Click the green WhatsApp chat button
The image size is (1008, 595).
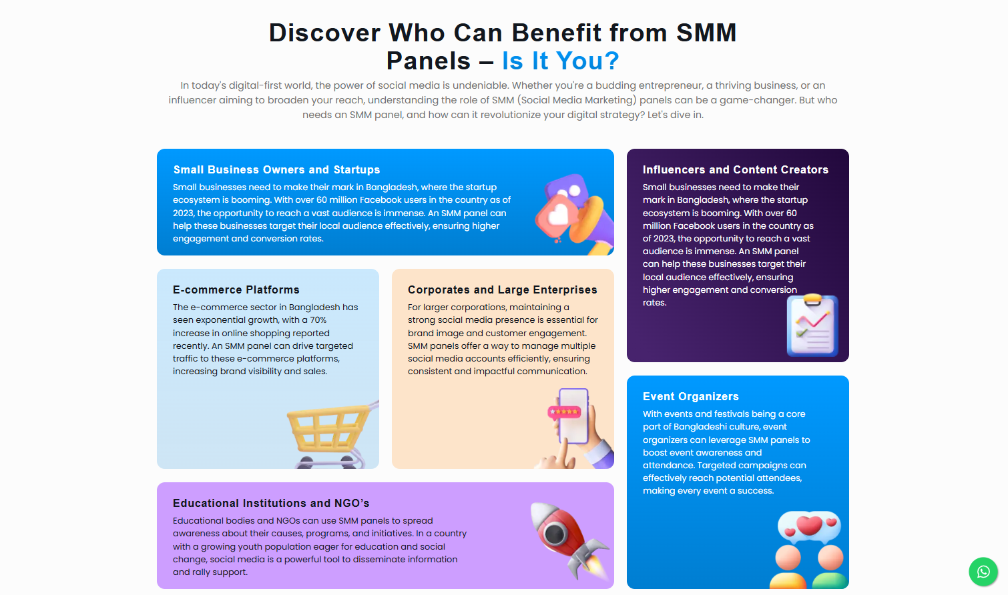click(983, 572)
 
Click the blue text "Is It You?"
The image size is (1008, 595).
click(560, 61)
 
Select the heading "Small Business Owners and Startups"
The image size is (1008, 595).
click(276, 169)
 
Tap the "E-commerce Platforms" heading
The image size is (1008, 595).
click(236, 289)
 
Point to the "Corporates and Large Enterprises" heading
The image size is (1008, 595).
click(502, 289)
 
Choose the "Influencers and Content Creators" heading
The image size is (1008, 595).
click(735, 169)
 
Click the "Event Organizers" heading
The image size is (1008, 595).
click(690, 396)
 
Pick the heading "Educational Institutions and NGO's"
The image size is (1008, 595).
click(270, 503)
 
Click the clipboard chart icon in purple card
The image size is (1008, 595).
click(812, 326)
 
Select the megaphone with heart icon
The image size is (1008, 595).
click(574, 213)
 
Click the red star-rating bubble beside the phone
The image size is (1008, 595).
click(563, 412)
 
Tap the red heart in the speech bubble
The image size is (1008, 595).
click(809, 525)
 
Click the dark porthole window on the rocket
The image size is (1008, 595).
click(555, 533)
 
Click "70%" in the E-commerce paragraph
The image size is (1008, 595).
click(318, 320)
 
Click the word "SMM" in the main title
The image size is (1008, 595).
click(706, 33)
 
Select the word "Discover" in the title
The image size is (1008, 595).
click(324, 33)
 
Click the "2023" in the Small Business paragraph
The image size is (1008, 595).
click(183, 213)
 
